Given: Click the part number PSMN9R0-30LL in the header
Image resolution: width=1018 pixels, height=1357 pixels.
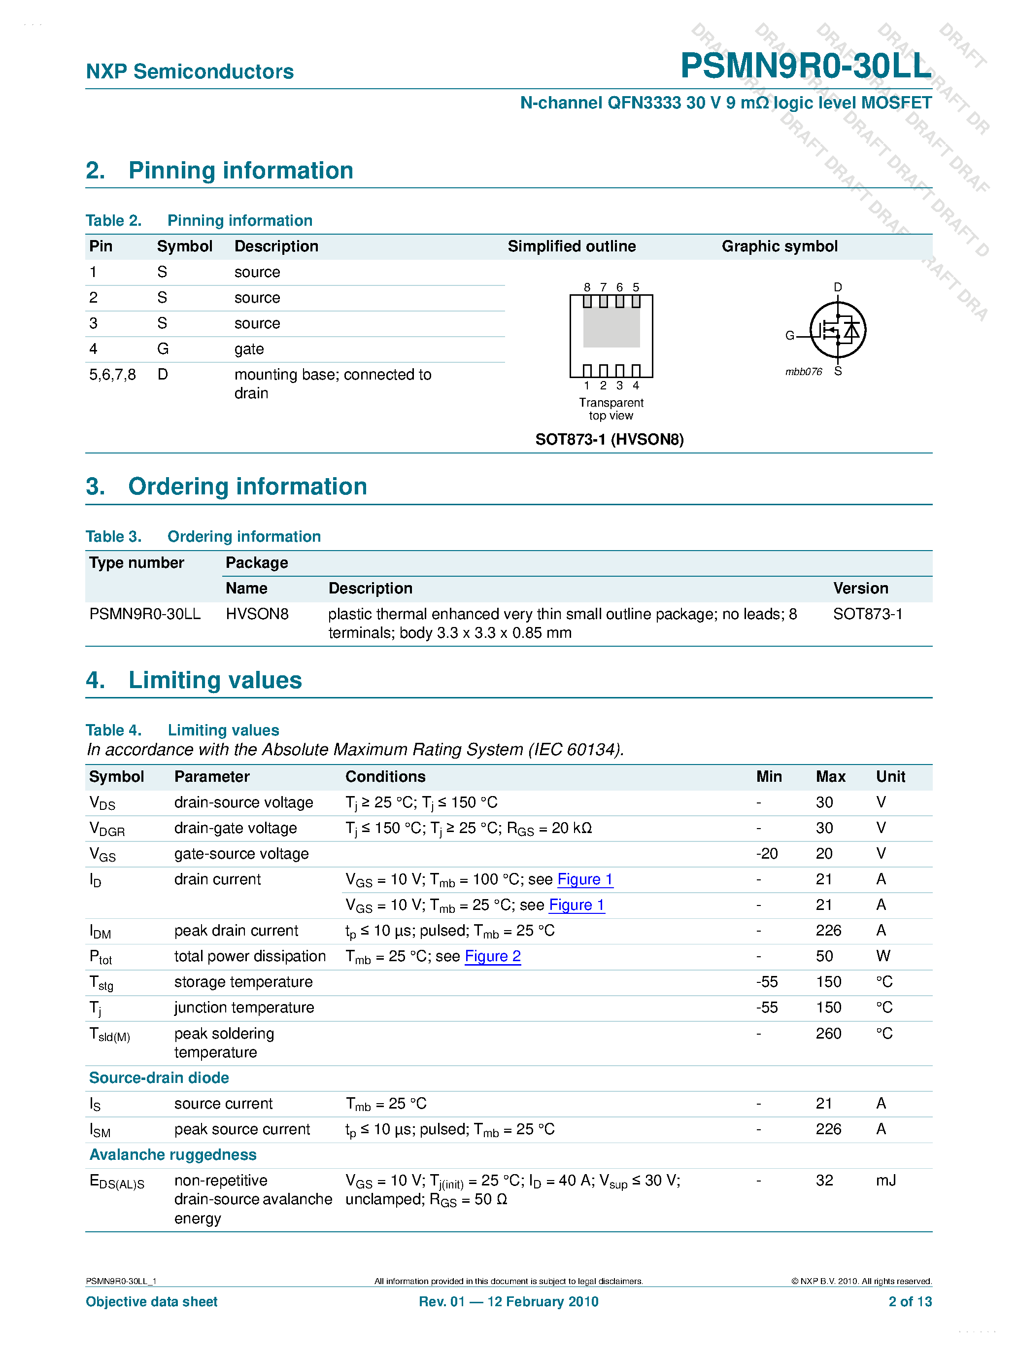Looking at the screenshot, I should [805, 66].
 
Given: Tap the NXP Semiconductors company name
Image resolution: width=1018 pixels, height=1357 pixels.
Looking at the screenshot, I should [190, 72].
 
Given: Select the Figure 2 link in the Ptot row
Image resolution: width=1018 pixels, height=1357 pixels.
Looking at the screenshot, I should [492, 956].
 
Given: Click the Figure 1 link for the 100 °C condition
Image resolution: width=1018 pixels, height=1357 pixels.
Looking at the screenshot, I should [584, 880].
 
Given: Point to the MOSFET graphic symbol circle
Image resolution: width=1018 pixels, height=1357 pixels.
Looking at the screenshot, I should [838, 330].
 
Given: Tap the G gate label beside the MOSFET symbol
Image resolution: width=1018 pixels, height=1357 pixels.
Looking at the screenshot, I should [790, 336].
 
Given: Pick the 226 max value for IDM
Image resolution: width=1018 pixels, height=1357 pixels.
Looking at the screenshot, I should [828, 931].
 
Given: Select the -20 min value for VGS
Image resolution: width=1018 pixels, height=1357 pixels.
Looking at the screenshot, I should [767, 854].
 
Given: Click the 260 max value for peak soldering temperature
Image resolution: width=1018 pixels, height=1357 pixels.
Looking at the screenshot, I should [828, 1034].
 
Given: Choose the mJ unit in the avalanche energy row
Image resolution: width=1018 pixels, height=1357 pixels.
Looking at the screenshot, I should [885, 1181].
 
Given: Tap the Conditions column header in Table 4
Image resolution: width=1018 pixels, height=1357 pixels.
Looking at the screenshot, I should [385, 777].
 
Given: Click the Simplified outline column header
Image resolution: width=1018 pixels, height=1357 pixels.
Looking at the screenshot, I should [572, 246].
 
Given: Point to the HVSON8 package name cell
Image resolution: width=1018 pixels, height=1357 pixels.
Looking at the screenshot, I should [257, 614].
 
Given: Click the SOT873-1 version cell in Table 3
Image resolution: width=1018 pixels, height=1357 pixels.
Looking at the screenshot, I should [867, 614].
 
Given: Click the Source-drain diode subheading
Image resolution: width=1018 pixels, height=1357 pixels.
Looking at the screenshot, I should [159, 1078].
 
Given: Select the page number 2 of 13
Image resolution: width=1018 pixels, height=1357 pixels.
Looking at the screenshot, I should [910, 1302].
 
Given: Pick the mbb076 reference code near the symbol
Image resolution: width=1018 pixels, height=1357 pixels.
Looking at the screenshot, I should [803, 372].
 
